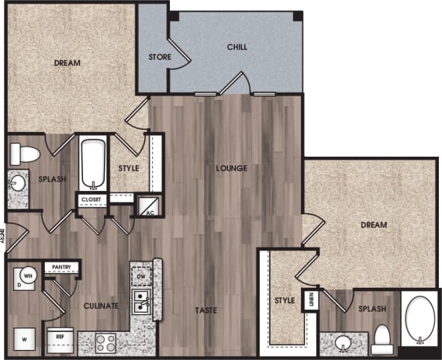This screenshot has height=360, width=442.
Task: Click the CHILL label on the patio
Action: coord(237,47)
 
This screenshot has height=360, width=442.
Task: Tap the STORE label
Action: coord(160,57)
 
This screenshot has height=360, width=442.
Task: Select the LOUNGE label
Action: coord(232,168)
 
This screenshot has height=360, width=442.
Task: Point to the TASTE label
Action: coord(205,310)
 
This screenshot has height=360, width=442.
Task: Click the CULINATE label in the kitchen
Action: coord(101,306)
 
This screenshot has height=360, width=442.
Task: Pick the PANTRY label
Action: coord(61,268)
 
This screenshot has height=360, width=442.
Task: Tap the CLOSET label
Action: coord(92,199)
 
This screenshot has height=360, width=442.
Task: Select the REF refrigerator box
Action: coord(60,337)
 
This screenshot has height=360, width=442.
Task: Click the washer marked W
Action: coord(24,338)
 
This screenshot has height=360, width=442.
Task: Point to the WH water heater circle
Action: coord(27,275)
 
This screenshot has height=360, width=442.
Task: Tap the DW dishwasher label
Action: coord(140,276)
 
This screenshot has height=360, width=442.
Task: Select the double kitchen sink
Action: coord(140,302)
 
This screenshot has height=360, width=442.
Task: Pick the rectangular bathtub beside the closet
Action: coord(93,163)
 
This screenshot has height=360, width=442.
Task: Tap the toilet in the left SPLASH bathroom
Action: coord(26,153)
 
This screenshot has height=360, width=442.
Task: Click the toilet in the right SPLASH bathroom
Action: coord(382,337)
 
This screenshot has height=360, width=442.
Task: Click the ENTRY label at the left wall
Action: coord(3,237)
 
